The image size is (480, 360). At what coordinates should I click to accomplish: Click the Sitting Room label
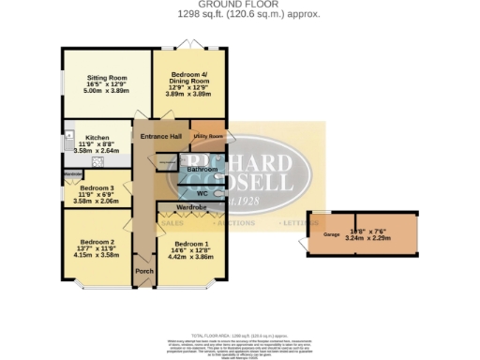click(x=107, y=80)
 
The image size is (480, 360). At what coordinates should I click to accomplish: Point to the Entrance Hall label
click(x=160, y=138)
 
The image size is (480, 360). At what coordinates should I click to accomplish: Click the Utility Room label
click(x=207, y=136)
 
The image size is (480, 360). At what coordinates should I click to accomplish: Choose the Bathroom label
click(x=201, y=169)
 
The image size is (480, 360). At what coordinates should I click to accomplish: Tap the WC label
click(x=202, y=193)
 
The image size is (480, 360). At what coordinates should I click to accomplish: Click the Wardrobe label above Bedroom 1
click(x=190, y=208)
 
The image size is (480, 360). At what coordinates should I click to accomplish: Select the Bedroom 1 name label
click(x=190, y=243)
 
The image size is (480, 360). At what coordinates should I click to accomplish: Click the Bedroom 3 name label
click(x=97, y=187)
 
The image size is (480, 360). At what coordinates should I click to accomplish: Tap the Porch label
click(x=144, y=272)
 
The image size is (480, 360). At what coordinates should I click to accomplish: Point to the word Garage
click(x=331, y=233)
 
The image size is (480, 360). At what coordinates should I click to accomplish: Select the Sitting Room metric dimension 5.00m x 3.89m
click(x=107, y=93)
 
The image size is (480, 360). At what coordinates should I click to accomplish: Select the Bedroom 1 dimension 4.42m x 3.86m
click(x=190, y=256)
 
